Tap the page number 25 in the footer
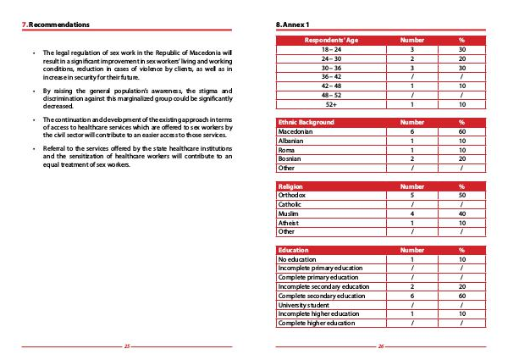point(126,346)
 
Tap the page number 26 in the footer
point(381,346)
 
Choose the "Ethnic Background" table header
point(307,123)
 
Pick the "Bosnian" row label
point(290,158)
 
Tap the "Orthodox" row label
point(292,195)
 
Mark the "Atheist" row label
point(290,221)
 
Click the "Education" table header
point(294,250)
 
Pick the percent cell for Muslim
point(462,213)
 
